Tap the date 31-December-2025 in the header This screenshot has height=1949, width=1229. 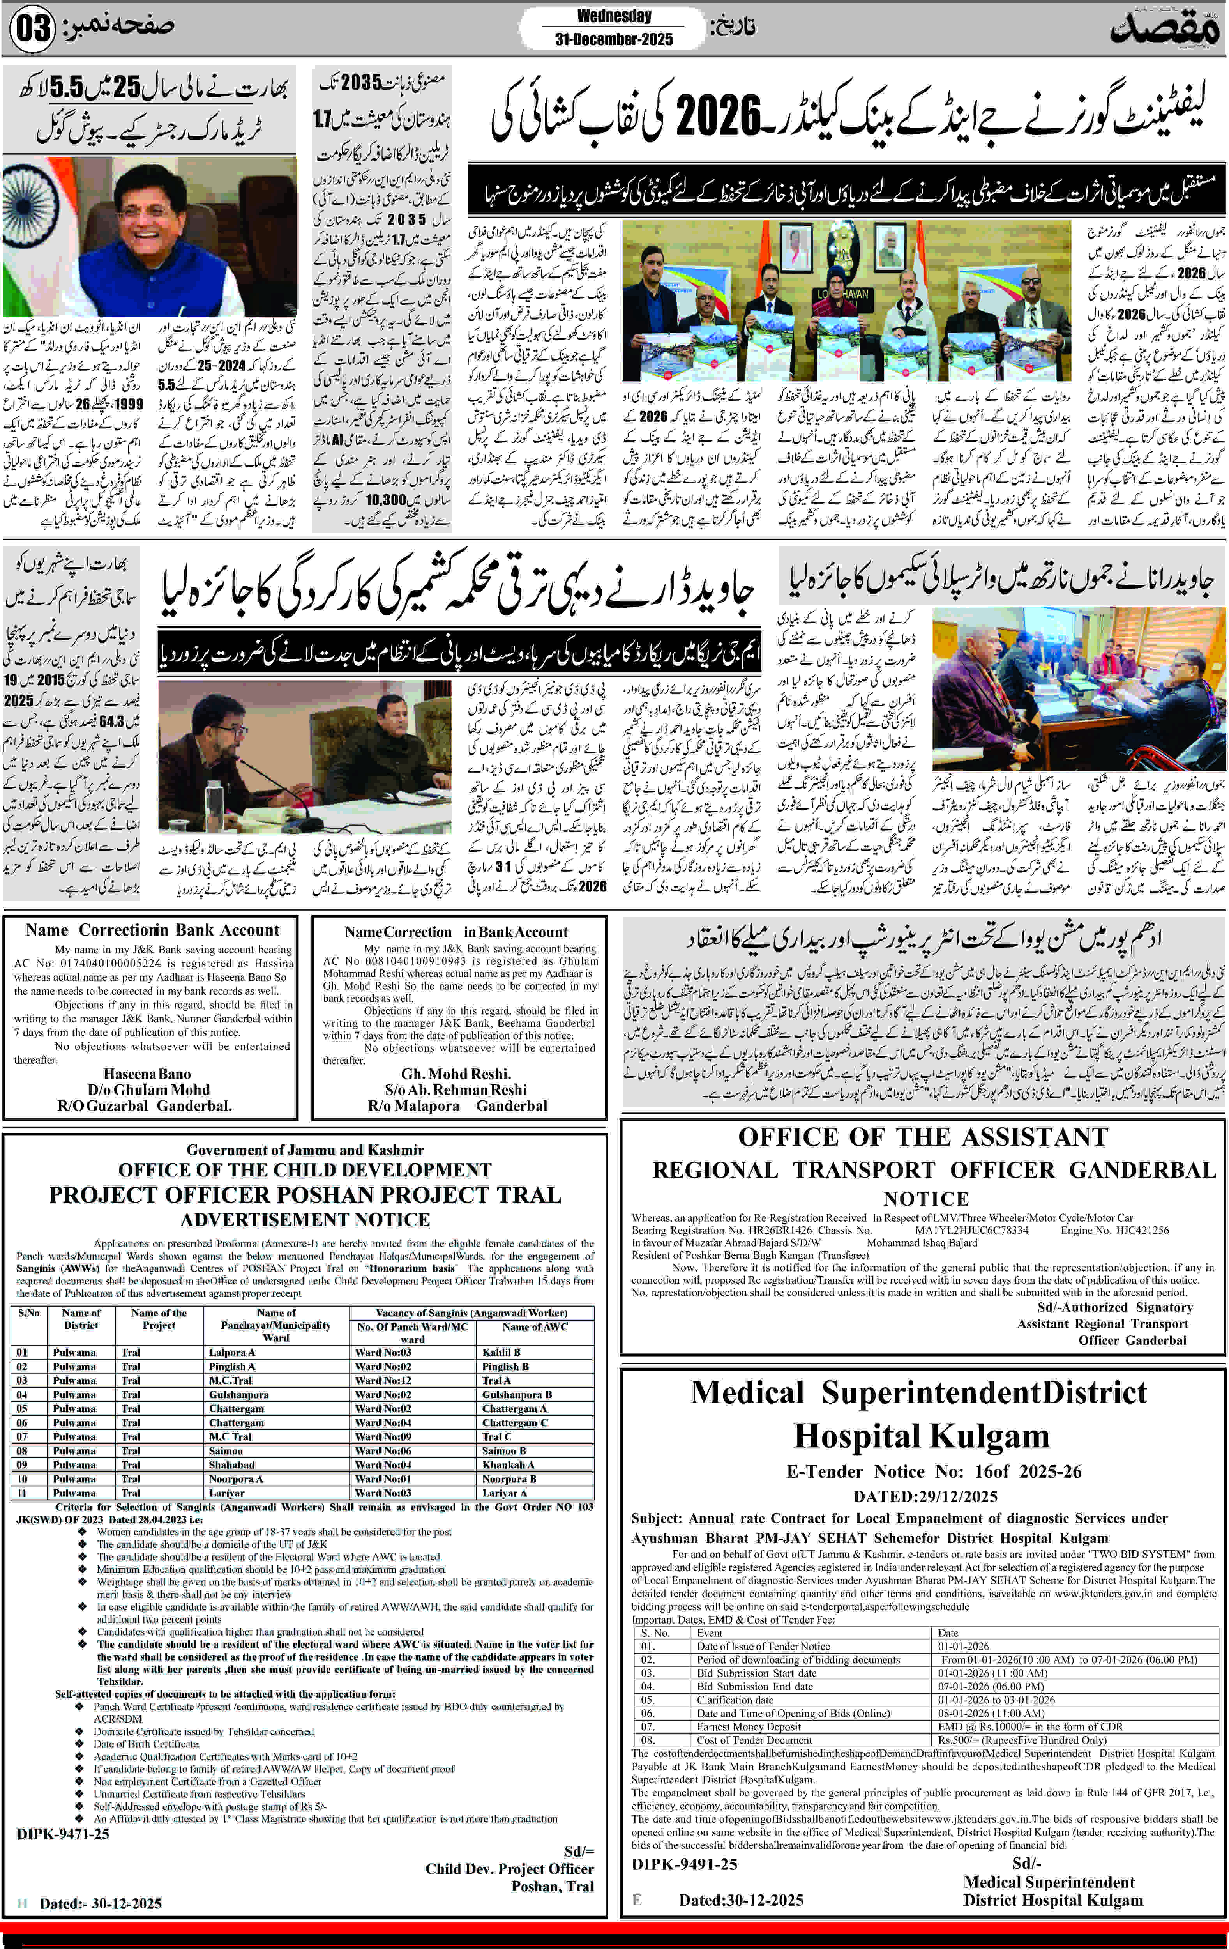click(613, 39)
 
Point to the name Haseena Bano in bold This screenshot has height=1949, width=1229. click(147, 1074)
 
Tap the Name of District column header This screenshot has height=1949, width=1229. click(81, 1318)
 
